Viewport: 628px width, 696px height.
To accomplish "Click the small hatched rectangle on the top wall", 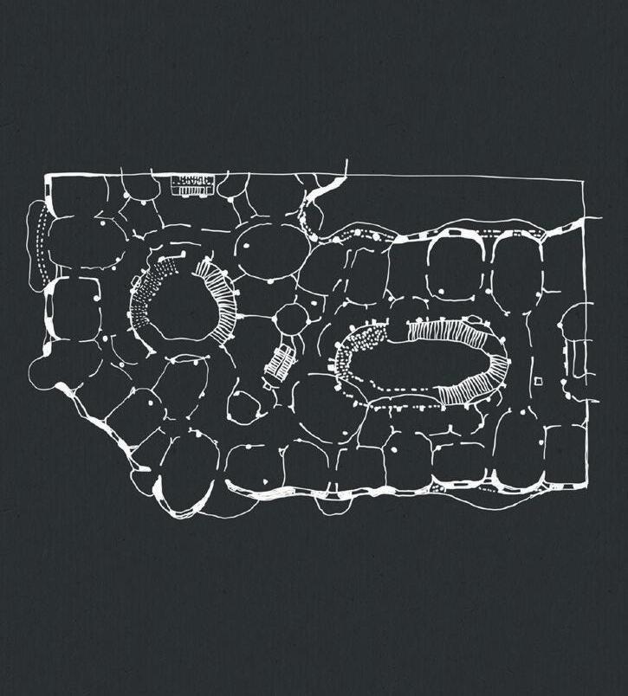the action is click(191, 184).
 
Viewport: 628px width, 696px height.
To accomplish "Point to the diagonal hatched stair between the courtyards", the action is click(279, 361).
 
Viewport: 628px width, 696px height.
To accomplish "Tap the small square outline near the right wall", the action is click(538, 381).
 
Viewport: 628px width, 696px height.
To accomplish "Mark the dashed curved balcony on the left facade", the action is click(37, 243).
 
